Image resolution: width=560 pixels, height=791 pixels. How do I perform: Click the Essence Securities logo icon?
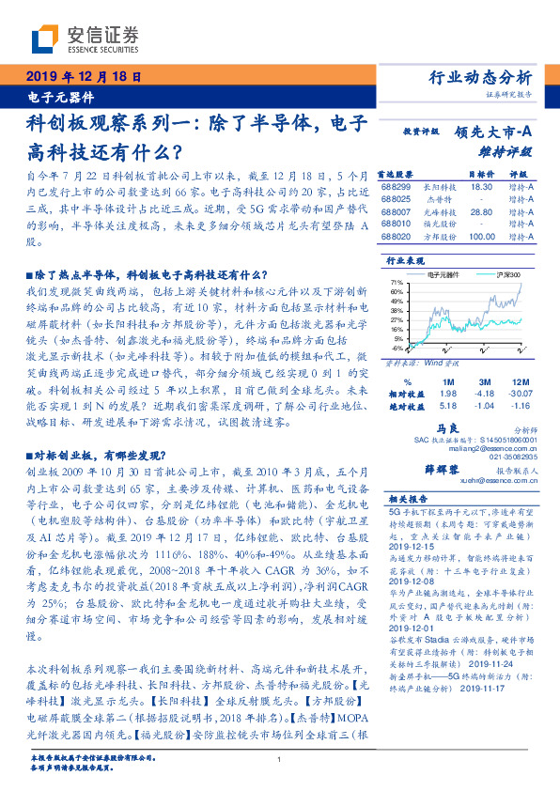pyautogui.click(x=44, y=39)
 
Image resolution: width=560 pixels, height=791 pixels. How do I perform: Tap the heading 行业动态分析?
pyautogui.click(x=486, y=77)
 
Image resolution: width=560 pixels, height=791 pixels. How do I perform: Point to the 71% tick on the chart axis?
pyautogui.click(x=396, y=281)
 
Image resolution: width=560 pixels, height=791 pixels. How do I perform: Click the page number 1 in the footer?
pyautogui.click(x=280, y=759)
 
